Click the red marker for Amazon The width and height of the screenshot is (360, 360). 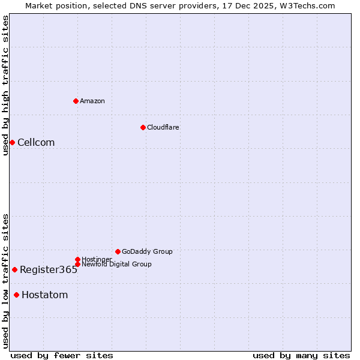[x=76, y=101]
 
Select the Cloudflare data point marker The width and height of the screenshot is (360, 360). [x=143, y=127]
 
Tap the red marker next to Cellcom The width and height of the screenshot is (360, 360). [x=12, y=142]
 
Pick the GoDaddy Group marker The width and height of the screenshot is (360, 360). [x=118, y=251]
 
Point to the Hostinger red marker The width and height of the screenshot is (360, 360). [x=77, y=259]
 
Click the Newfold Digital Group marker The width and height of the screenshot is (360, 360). [x=77, y=264]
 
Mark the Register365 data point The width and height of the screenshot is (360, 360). [x=14, y=269]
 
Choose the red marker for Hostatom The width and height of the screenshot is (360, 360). [x=16, y=295]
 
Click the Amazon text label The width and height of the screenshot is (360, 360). [x=92, y=101]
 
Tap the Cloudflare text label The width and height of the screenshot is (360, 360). [x=163, y=127]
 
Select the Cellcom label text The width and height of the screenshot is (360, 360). [x=36, y=142]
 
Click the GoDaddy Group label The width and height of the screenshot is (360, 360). [x=147, y=251]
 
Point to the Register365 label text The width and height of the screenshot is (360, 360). [x=49, y=269]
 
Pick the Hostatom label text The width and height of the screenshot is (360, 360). [x=45, y=295]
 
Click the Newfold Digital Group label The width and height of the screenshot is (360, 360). [x=116, y=264]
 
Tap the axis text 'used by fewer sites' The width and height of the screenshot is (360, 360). [x=62, y=355]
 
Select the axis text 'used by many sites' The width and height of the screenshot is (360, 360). [x=301, y=355]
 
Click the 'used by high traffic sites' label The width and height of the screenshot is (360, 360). [x=5, y=85]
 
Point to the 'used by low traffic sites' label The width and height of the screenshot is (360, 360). [x=5, y=280]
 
